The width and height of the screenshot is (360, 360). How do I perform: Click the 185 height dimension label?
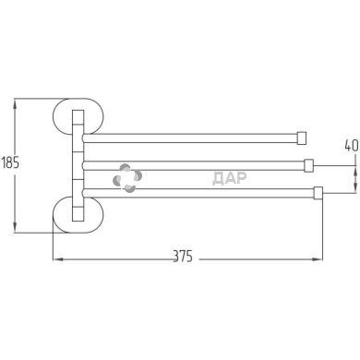coord(10,162)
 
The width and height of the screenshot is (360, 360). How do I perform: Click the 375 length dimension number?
coord(183,256)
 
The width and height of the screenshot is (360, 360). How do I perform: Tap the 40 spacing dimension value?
coord(352,146)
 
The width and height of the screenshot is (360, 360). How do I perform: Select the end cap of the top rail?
coord(302,138)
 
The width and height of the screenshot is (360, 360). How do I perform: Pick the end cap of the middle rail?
coord(308,165)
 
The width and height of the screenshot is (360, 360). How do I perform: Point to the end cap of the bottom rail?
coord(318,193)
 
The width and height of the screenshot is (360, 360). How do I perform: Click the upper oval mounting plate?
coord(78,117)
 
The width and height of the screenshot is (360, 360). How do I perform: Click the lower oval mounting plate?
coord(78,214)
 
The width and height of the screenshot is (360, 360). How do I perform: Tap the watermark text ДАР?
coord(230,178)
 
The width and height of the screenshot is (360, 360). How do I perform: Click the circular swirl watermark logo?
coord(127,178)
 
